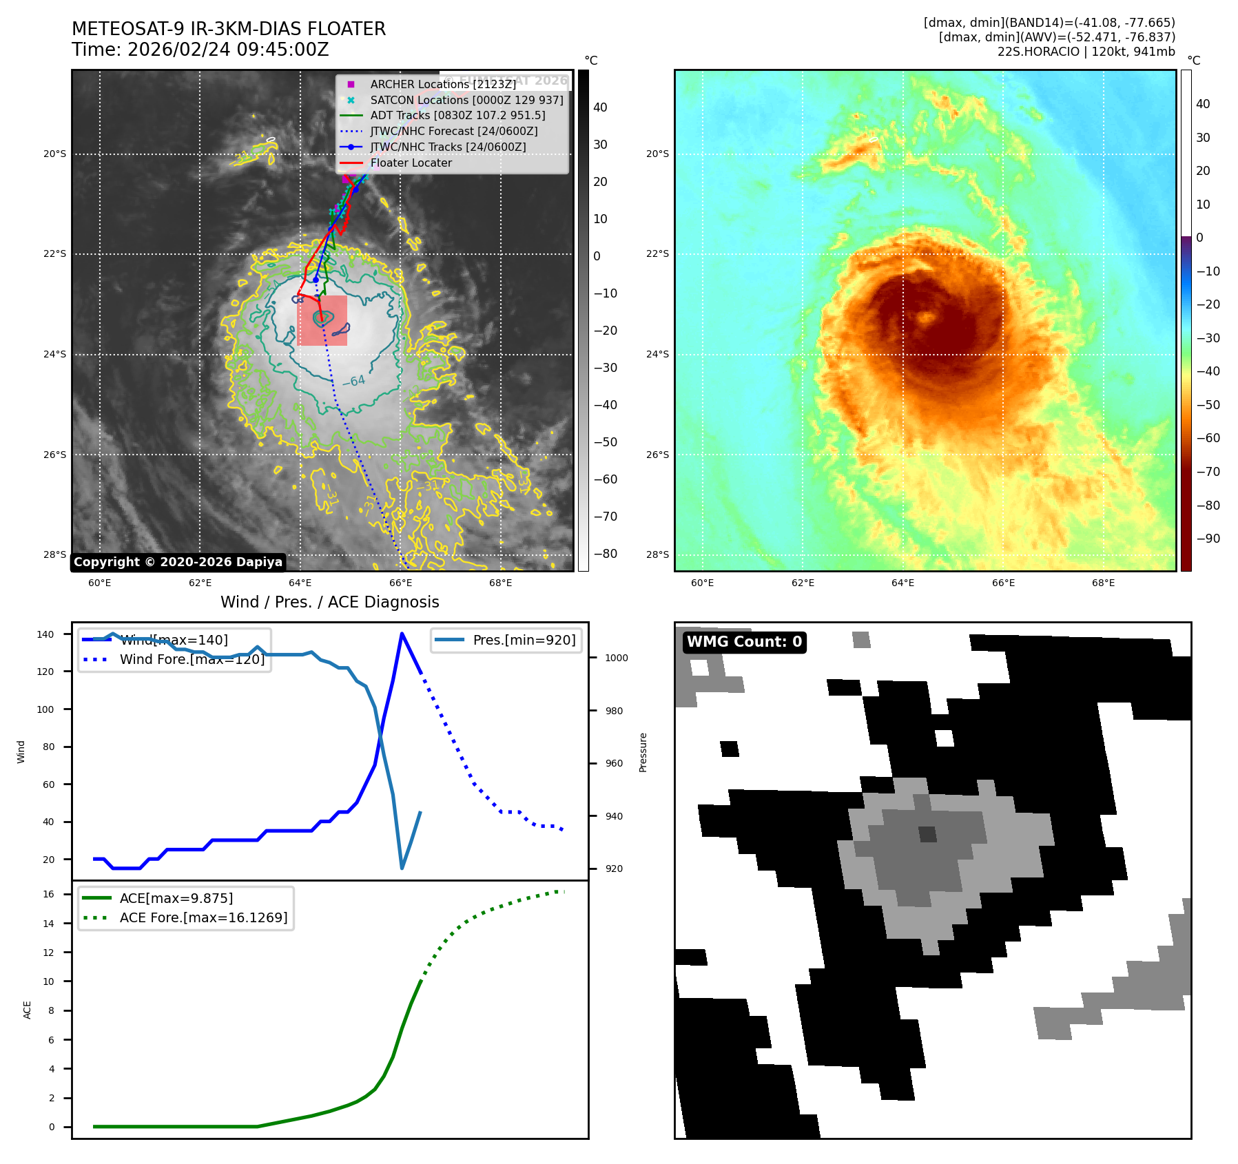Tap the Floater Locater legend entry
(x=411, y=163)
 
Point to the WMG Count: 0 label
(x=744, y=642)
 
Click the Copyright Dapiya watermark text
(x=178, y=562)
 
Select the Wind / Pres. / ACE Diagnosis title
(x=329, y=602)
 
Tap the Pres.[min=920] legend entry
(x=524, y=640)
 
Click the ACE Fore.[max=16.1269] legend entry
(x=203, y=917)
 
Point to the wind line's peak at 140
(x=402, y=634)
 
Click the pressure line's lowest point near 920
(x=402, y=868)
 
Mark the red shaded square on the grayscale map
(x=322, y=320)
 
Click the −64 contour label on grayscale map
(x=353, y=381)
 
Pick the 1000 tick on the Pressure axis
(x=616, y=658)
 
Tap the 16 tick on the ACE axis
(x=48, y=894)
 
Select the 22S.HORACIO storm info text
(x=1086, y=52)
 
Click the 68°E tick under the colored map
(x=1103, y=583)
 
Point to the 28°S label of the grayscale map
(x=55, y=554)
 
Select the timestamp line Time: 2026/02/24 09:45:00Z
(x=200, y=50)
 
